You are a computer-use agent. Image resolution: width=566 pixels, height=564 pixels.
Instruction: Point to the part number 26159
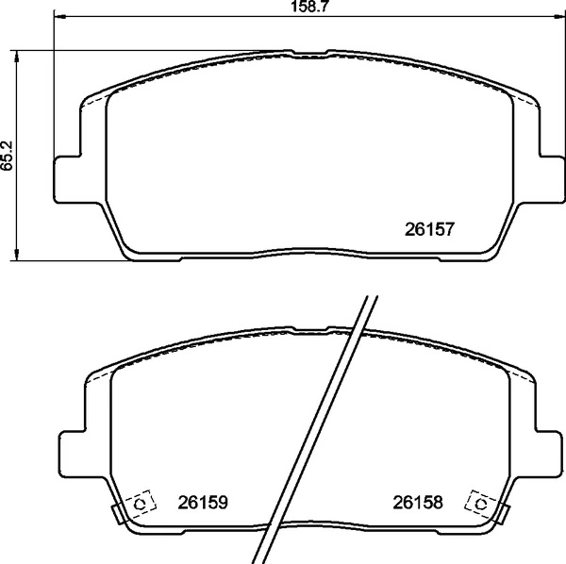coord(205,504)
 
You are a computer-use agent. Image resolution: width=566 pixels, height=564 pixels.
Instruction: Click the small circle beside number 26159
coord(141,505)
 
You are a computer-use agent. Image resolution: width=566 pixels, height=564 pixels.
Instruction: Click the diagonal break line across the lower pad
coord(321,424)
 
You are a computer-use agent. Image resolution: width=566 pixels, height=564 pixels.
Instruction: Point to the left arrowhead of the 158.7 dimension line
coord(59,18)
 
